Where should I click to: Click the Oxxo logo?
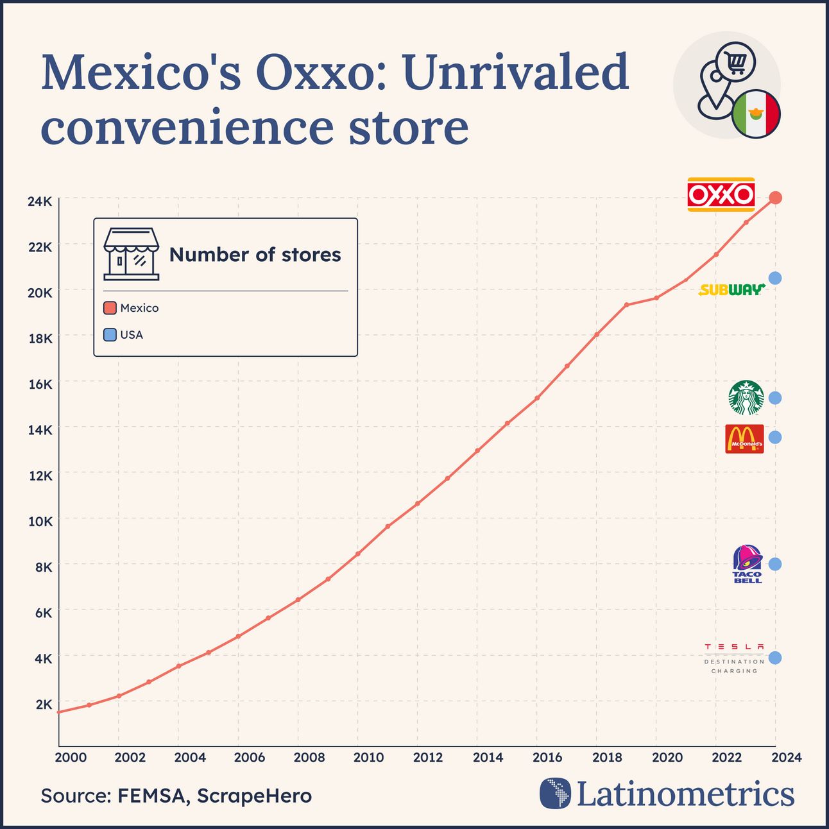721,194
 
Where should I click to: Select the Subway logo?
732,290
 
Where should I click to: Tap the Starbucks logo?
746,398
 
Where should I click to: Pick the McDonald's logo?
744,439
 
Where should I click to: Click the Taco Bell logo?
748,564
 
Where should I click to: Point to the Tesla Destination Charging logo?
735,658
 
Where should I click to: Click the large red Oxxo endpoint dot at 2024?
775,198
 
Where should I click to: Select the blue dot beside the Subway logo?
775,278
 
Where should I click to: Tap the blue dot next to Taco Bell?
775,564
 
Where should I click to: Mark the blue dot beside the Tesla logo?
775,658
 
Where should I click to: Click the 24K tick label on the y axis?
40,201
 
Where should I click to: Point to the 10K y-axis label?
40,521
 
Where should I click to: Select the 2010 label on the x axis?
368,757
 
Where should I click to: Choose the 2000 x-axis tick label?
70,757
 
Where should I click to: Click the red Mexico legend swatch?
110,308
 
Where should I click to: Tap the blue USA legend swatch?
110,335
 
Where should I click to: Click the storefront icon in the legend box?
131,254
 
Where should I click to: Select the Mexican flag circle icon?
755,114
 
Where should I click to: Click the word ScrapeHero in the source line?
254,796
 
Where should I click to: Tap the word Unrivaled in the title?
516,72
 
